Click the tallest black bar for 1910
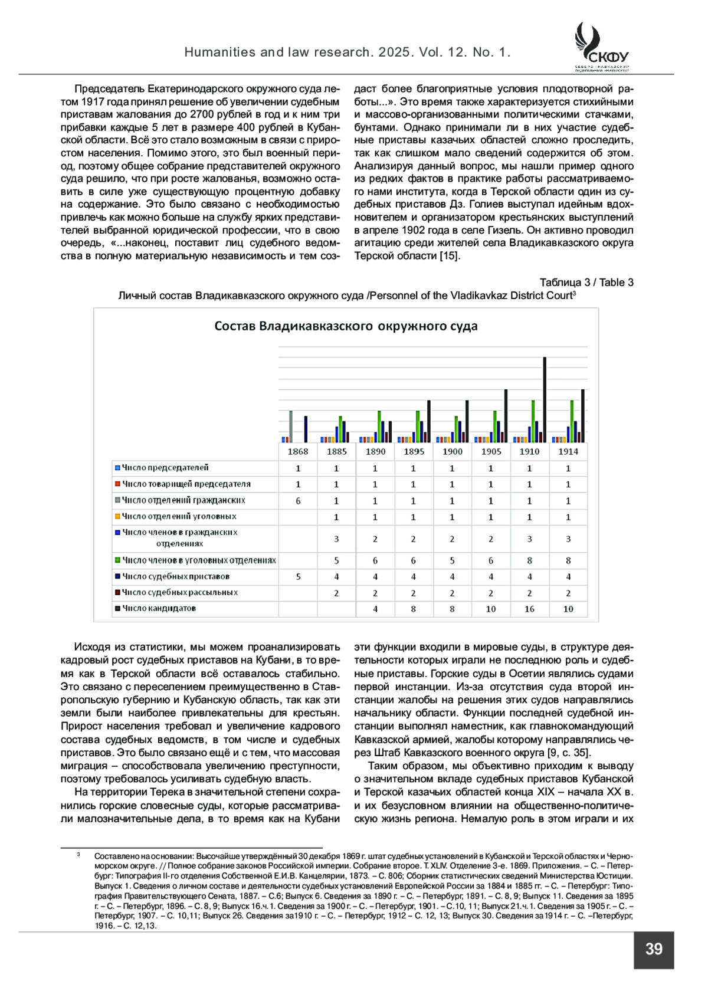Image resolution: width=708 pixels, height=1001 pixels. [545, 399]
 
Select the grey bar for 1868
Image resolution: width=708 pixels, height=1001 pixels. [291, 426]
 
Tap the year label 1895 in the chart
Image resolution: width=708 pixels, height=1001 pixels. [414, 451]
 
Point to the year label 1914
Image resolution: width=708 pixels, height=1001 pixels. [568, 451]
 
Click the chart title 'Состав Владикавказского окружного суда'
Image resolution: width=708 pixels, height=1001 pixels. [346, 326]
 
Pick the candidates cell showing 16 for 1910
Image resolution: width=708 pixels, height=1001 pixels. [529, 609]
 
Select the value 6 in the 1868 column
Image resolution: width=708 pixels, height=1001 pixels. [298, 501]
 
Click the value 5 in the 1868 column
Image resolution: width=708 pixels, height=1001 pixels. [298, 576]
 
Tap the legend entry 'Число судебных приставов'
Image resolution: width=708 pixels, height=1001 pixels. [175, 576]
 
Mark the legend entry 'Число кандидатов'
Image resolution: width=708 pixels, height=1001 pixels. [159, 608]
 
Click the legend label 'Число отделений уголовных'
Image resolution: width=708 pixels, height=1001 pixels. [179, 516]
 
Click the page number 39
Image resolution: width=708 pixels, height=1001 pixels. [654, 949]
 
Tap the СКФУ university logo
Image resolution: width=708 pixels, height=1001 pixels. [601, 47]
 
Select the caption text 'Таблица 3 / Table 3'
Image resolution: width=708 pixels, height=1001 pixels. [586, 283]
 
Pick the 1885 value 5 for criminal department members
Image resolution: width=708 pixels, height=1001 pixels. [336, 560]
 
